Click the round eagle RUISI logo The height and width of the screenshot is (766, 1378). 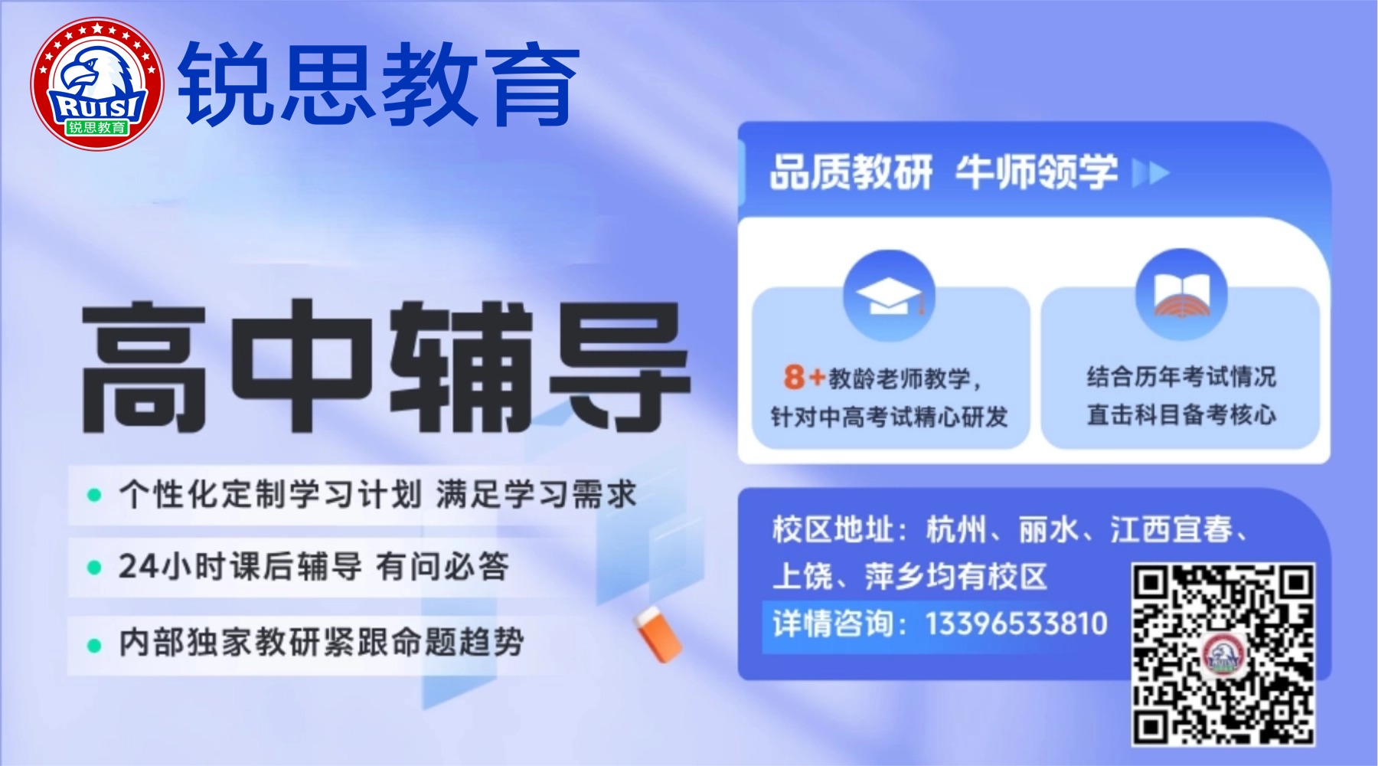pos(97,83)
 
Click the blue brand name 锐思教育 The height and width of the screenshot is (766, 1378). pos(379,83)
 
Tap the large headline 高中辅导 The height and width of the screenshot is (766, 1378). pos(386,366)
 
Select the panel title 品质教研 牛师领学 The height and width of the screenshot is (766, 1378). pos(943,172)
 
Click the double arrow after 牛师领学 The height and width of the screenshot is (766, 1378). pos(1151,173)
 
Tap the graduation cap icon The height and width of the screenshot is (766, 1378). pos(889,296)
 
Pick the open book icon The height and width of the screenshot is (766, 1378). pos(1181,294)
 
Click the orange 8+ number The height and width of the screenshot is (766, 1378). pos(804,376)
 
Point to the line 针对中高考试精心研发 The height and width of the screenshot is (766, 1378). pos(889,417)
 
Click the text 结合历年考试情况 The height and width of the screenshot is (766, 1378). pos(1181,376)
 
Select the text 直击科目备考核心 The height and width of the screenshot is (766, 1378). pos(1181,414)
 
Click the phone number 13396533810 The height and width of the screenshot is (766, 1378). pos(1017,624)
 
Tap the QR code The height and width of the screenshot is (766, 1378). pos(1223,654)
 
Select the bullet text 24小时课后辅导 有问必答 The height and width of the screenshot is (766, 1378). pos(313,567)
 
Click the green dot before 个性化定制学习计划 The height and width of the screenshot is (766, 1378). pos(94,495)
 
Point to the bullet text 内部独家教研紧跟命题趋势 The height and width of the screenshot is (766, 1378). pos(322,642)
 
